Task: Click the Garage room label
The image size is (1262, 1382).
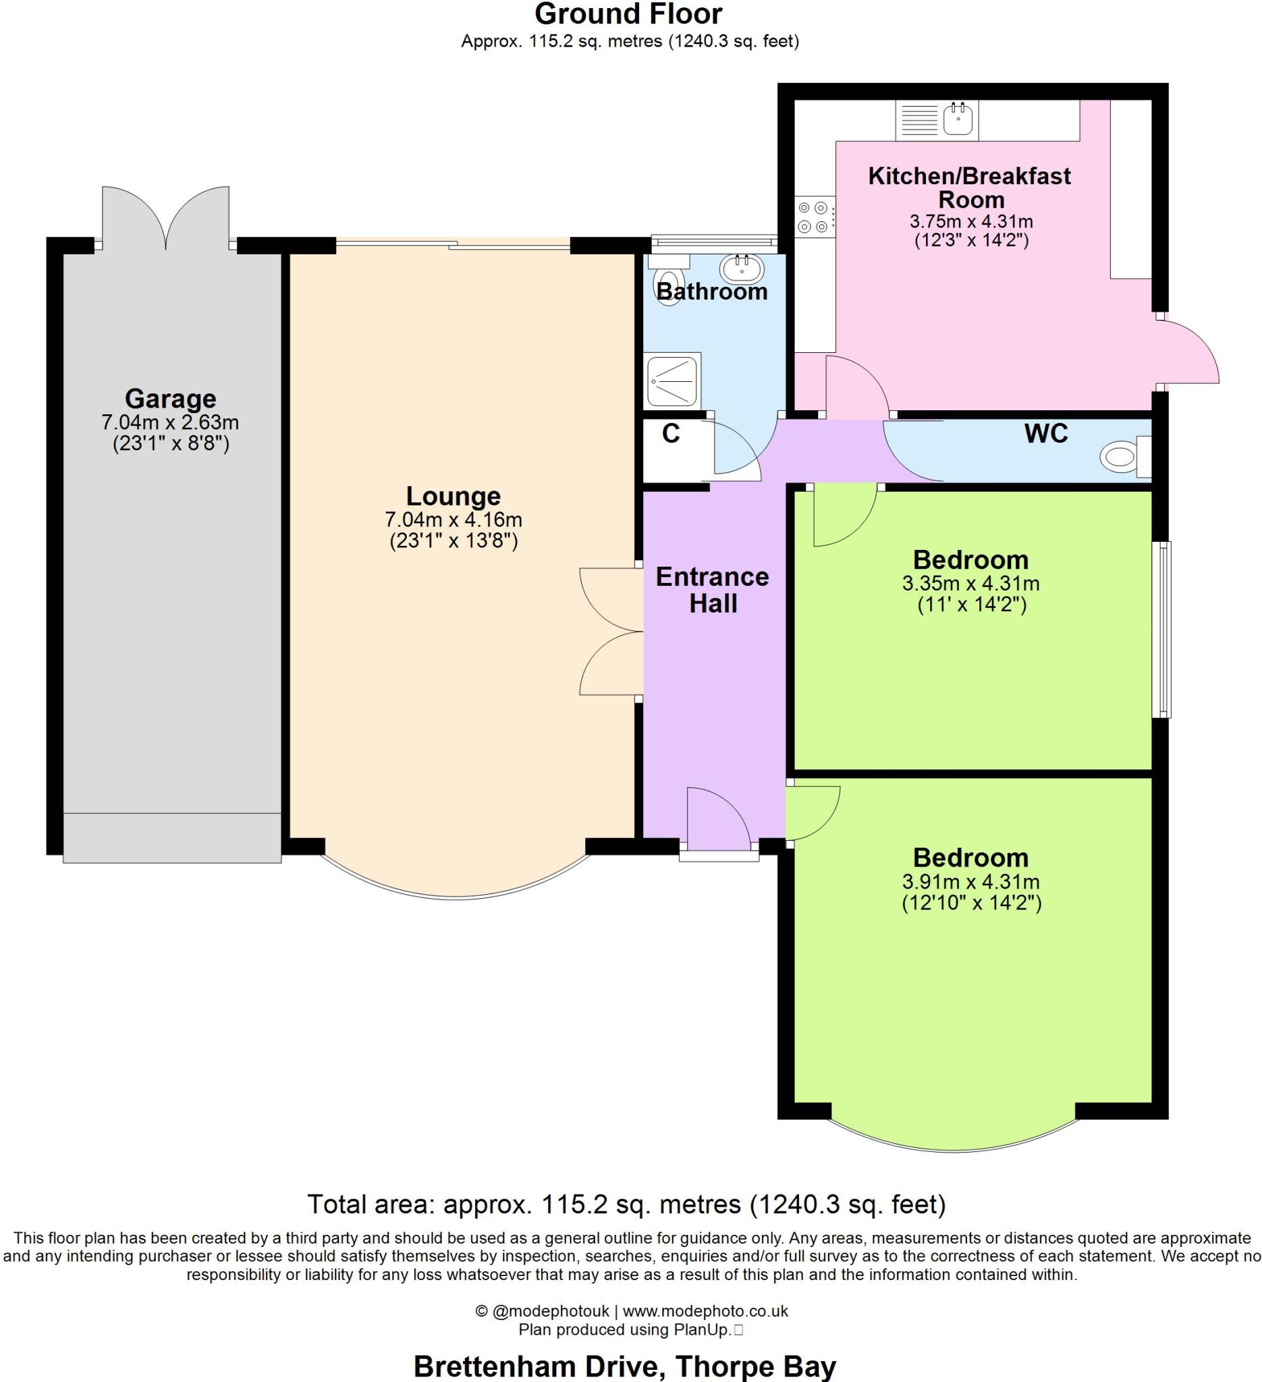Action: (x=170, y=398)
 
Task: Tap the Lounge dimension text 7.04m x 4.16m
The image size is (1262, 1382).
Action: (x=453, y=520)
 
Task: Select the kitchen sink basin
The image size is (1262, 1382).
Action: (x=958, y=119)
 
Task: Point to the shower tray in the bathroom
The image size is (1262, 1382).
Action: (x=671, y=381)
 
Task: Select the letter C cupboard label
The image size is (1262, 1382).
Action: (x=670, y=434)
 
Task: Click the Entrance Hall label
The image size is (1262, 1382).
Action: (x=712, y=590)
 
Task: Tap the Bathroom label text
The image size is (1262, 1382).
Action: (x=711, y=292)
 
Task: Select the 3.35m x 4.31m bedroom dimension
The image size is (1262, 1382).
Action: (x=970, y=584)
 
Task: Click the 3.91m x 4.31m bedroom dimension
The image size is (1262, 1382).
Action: (x=970, y=882)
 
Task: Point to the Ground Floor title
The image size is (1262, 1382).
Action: (x=628, y=14)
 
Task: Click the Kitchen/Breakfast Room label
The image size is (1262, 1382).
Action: (x=969, y=188)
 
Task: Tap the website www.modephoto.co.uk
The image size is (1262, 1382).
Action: (x=705, y=1310)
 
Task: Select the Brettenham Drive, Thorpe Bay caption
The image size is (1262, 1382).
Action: (x=624, y=1366)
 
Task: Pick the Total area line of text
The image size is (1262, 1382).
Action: (x=626, y=1205)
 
